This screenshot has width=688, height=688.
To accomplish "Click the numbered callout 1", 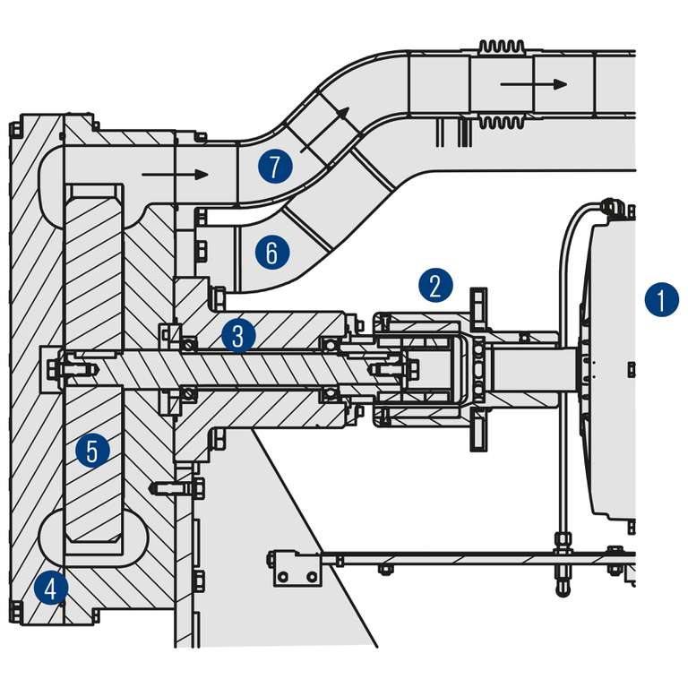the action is (x=661, y=300).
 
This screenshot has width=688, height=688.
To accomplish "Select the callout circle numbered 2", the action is (x=434, y=286).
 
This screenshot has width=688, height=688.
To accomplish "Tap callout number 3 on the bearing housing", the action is (x=238, y=336).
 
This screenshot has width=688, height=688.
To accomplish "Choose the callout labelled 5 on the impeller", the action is (x=92, y=451).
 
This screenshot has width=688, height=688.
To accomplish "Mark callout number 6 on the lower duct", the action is (x=272, y=252).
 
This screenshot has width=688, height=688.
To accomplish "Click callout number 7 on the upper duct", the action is (x=275, y=166).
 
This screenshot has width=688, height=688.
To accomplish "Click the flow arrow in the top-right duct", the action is (x=534, y=84).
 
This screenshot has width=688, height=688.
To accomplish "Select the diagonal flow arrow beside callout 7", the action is (x=324, y=129).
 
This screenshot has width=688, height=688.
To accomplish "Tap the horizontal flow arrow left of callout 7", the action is (x=175, y=175).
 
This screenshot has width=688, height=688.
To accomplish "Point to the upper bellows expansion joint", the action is (x=502, y=47).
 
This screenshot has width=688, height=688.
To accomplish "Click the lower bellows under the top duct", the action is (x=502, y=122).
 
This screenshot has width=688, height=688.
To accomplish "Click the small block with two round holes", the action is (x=297, y=568).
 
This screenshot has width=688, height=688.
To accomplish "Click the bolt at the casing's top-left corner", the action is (x=14, y=130).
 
